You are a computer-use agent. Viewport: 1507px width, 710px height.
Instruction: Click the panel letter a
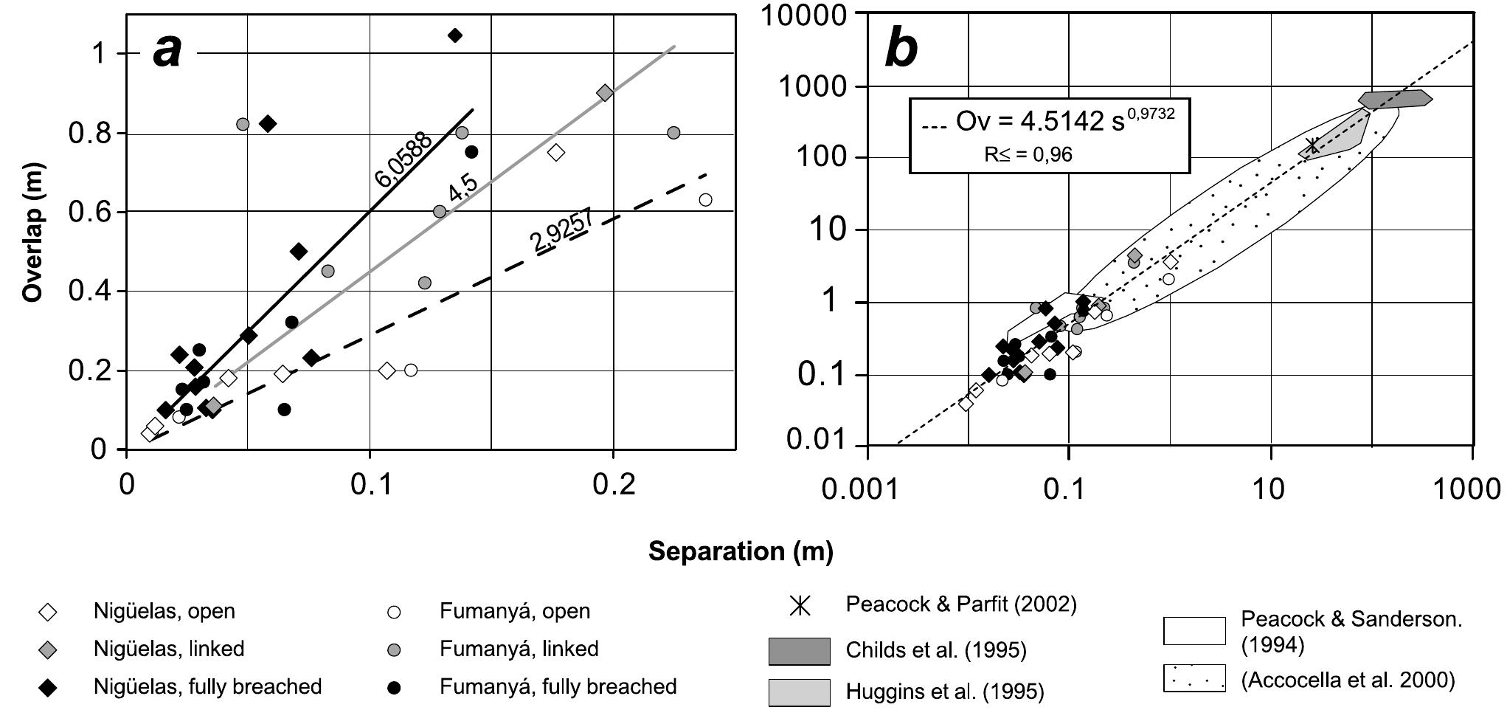pos(167,52)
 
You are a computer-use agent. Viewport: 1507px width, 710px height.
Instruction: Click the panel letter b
pos(901,49)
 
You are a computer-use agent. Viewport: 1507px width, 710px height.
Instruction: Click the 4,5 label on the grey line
pos(463,187)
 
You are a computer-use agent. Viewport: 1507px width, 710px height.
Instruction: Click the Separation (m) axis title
pos(741,551)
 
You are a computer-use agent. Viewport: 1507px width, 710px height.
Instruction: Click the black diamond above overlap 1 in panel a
pos(455,35)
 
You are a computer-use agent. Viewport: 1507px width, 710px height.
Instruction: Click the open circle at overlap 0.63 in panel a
pos(705,200)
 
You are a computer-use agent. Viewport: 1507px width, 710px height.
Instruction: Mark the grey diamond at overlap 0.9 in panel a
pos(605,93)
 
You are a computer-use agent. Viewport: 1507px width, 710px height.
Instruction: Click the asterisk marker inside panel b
pos(1312,145)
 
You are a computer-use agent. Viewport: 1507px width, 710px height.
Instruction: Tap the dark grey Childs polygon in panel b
pos(1394,99)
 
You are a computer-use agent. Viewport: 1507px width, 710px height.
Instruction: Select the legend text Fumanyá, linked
pos(519,649)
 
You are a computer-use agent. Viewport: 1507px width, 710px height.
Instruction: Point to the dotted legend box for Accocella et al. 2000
pos(1194,678)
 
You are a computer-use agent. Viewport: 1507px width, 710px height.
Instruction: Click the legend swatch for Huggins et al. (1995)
pos(799,692)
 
